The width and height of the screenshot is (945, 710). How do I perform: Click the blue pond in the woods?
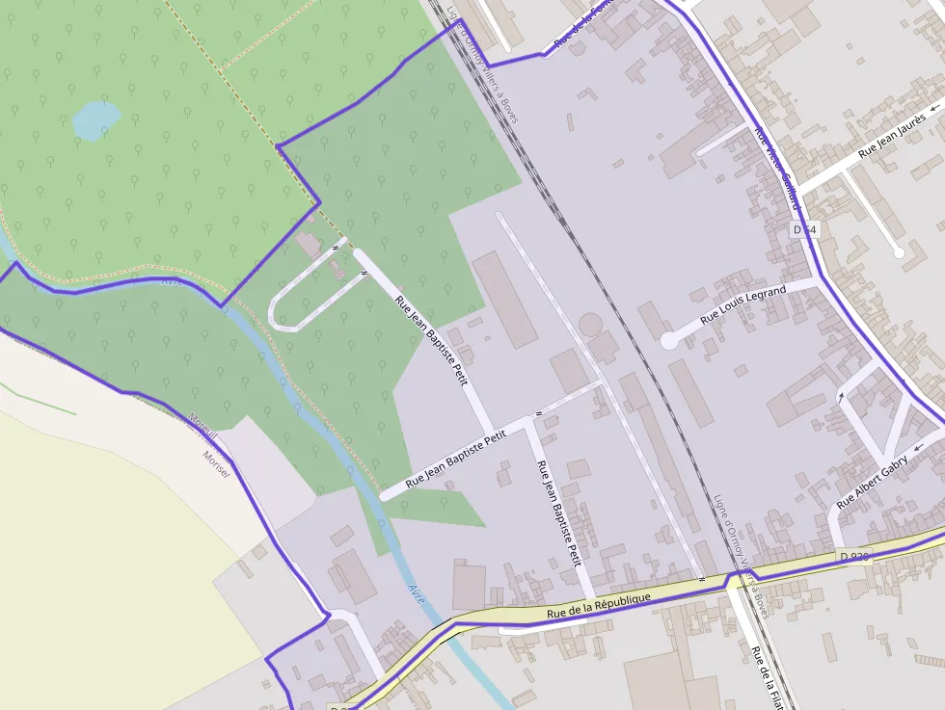tap(96, 119)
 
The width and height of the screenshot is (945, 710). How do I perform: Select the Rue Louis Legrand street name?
tap(743, 303)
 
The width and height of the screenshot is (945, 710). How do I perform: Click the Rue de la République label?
tap(598, 605)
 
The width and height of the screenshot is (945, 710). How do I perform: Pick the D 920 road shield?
tap(854, 556)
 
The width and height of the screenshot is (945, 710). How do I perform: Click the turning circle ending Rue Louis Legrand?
tap(669, 340)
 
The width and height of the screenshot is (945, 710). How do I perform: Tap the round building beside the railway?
tap(589, 325)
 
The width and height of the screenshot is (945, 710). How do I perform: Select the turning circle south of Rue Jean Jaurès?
tap(899, 252)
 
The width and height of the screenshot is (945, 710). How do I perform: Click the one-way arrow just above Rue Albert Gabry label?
tap(840, 396)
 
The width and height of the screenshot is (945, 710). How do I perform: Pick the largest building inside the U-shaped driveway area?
tap(310, 245)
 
